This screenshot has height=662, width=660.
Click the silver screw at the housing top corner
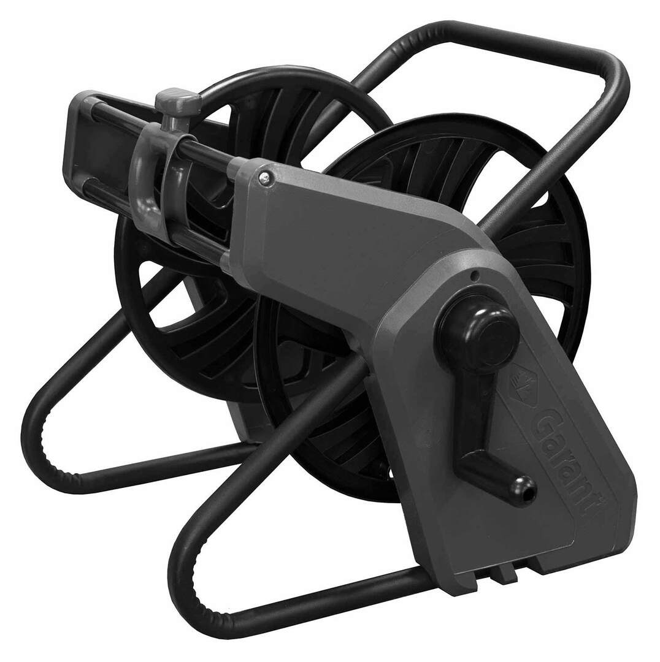pos(266,178)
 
